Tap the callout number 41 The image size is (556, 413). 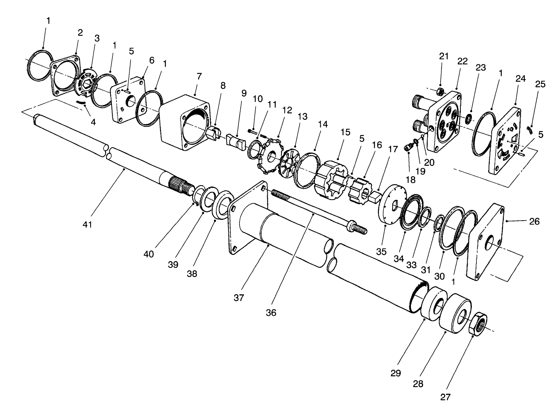coord(88,225)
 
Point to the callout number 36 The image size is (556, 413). coord(271,313)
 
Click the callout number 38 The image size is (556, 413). coord(192,274)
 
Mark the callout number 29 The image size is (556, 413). coord(396,373)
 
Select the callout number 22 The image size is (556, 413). coord(462,62)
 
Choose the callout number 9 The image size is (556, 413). coord(244,93)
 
